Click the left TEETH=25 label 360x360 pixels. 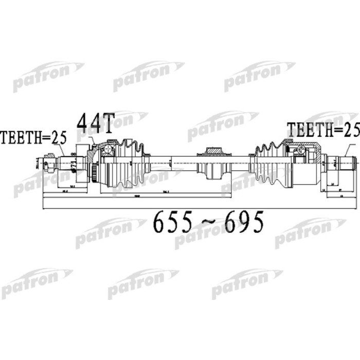(34, 137)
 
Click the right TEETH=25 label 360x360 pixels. (322, 130)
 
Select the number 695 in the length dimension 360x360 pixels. (241, 222)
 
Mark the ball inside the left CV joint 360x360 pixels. (109, 151)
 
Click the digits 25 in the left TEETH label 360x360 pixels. (59, 137)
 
